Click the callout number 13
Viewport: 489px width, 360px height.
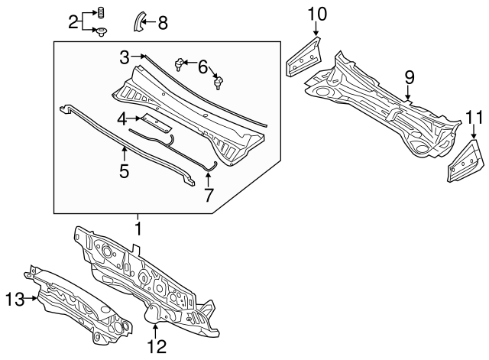pyautogui.click(x=15, y=300)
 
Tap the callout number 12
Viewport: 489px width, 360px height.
pyautogui.click(x=157, y=346)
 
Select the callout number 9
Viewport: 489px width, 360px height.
pyautogui.click(x=410, y=78)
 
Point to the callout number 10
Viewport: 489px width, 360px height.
pyautogui.click(x=317, y=15)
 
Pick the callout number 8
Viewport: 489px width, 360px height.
pyautogui.click(x=163, y=23)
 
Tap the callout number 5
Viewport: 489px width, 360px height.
pyautogui.click(x=124, y=171)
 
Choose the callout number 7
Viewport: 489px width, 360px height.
pyautogui.click(x=209, y=194)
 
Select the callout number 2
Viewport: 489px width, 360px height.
pyautogui.click(x=73, y=22)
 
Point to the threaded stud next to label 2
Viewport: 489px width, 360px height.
pyautogui.click(x=102, y=12)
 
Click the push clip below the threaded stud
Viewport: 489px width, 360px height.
pyautogui.click(x=102, y=32)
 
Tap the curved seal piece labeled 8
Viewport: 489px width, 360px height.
pyautogui.click(x=138, y=21)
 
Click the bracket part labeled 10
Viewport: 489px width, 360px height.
pyautogui.click(x=303, y=57)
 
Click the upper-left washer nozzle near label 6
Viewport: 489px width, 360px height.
pyautogui.click(x=178, y=64)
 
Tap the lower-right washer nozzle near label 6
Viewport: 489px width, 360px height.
pyautogui.click(x=218, y=83)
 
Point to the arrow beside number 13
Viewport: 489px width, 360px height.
pyautogui.click(x=31, y=298)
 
